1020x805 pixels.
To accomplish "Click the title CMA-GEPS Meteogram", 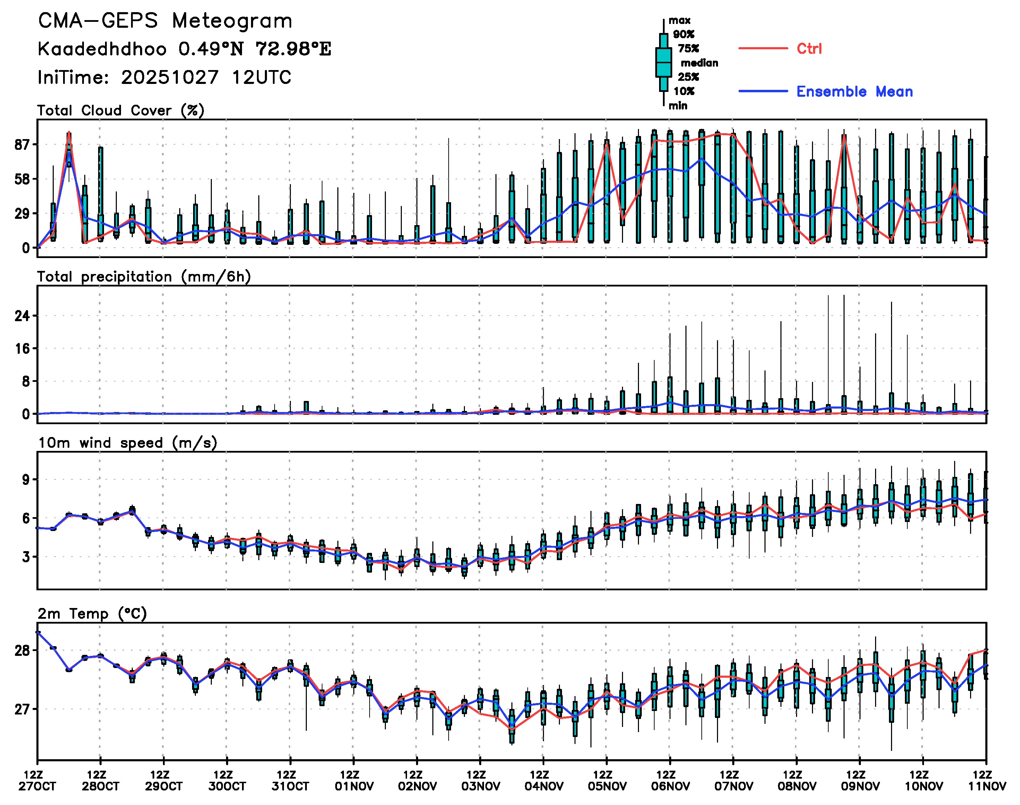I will tap(165, 21).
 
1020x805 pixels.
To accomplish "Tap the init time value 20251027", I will tap(170, 77).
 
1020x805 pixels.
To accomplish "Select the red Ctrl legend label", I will tap(809, 49).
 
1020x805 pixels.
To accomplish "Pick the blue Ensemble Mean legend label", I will tap(854, 92).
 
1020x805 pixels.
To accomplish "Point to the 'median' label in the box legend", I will tap(699, 63).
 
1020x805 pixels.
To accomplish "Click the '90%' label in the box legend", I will tap(683, 34).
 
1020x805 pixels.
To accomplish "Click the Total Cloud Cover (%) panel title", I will tap(121, 111).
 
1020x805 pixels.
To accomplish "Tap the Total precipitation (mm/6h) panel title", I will tap(144, 277).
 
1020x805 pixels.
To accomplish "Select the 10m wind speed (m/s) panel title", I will tap(127, 443).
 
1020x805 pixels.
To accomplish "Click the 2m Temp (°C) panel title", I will tap(92, 614).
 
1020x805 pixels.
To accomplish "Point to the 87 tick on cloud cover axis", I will tap(22, 145).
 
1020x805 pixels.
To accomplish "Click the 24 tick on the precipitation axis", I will tap(22, 315).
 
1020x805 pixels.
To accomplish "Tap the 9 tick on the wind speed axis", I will tap(25, 480).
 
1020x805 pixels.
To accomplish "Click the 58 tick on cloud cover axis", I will tap(22, 179).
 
